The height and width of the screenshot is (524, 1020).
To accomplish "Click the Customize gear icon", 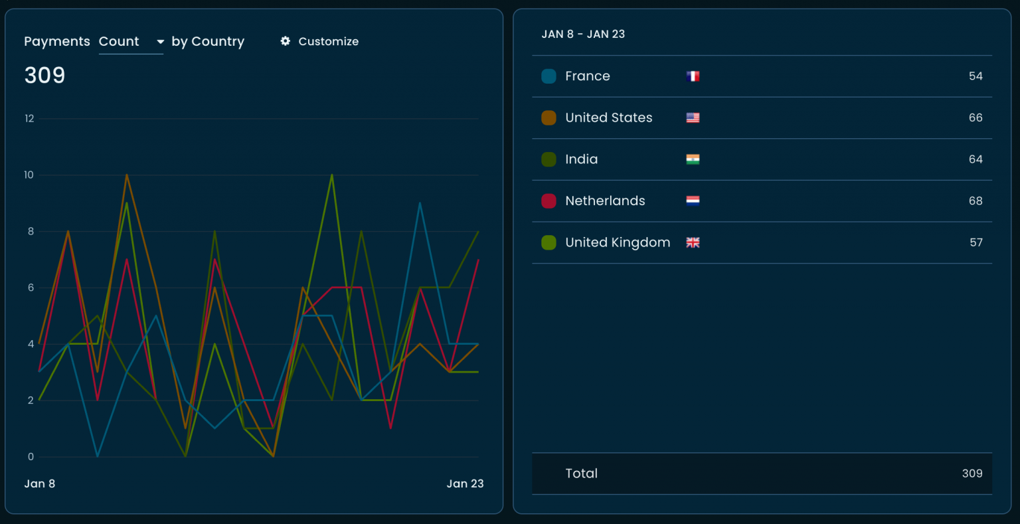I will pyautogui.click(x=286, y=41).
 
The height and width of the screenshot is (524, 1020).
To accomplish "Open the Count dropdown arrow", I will pyautogui.click(x=160, y=42).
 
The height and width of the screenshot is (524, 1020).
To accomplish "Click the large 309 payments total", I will pyautogui.click(x=44, y=75).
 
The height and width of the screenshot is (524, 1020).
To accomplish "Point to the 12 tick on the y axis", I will pyautogui.click(x=29, y=119).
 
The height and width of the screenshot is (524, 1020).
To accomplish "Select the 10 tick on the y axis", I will pyautogui.click(x=29, y=175).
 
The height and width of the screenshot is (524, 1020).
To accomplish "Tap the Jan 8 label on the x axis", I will pyautogui.click(x=39, y=483).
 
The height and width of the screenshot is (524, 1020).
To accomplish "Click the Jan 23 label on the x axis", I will pyautogui.click(x=465, y=483).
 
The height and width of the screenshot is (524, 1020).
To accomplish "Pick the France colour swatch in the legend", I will pyautogui.click(x=549, y=76).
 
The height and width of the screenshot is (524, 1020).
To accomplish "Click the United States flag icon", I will pyautogui.click(x=693, y=118).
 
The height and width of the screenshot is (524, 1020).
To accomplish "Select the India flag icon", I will pyautogui.click(x=693, y=159).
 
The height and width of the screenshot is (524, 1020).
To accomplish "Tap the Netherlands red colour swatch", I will pyautogui.click(x=549, y=201).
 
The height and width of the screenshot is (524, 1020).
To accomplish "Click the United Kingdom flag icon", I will pyautogui.click(x=693, y=242).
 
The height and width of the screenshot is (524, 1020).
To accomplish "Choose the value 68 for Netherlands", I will pyautogui.click(x=975, y=201).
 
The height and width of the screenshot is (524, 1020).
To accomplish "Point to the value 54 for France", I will pyautogui.click(x=975, y=76).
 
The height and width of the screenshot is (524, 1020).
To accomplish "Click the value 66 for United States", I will pyautogui.click(x=975, y=118).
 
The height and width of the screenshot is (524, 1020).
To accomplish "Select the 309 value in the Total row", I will pyautogui.click(x=972, y=474).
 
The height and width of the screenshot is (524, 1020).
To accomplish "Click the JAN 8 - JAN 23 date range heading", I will pyautogui.click(x=583, y=34).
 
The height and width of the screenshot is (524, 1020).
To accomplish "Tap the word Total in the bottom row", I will pyautogui.click(x=581, y=474).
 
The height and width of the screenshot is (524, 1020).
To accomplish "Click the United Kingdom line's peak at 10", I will pyautogui.click(x=331, y=175).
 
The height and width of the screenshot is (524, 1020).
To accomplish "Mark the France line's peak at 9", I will pyautogui.click(x=420, y=203).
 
